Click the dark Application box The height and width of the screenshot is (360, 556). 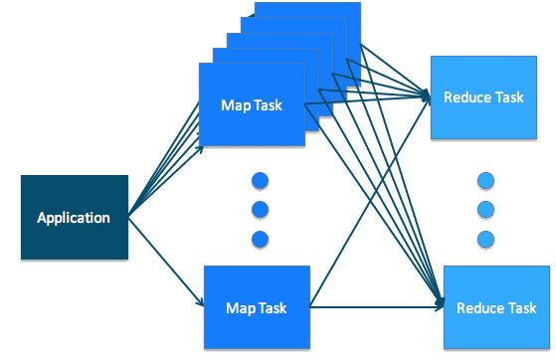74,217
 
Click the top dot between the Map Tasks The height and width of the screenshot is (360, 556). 261,181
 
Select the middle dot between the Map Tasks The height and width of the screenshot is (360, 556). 261,210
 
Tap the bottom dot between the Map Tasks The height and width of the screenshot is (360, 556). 261,239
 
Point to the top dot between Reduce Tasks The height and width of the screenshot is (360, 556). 485,181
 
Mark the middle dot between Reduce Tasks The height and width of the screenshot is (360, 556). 485,210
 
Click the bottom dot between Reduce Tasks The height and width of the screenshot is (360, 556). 485,239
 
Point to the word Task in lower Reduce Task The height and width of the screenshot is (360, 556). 520,307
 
